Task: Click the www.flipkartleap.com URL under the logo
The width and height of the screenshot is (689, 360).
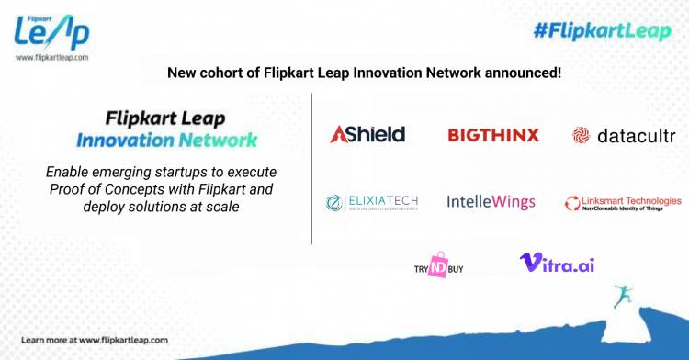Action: click(x=51, y=57)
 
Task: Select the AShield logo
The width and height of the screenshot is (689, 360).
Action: click(x=367, y=135)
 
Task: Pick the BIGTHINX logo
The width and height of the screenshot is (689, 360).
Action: click(x=493, y=135)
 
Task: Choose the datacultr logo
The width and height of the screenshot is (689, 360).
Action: click(x=624, y=136)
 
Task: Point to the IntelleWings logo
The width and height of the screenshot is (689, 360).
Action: click(x=491, y=201)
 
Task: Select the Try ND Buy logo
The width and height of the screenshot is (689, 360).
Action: click(x=439, y=264)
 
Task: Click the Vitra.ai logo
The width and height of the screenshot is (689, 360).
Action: click(x=557, y=263)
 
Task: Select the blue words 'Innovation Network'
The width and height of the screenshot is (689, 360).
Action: click(x=165, y=141)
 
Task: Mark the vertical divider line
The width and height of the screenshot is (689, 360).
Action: click(x=312, y=174)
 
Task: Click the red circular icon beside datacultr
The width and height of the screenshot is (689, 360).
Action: click(x=581, y=136)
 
